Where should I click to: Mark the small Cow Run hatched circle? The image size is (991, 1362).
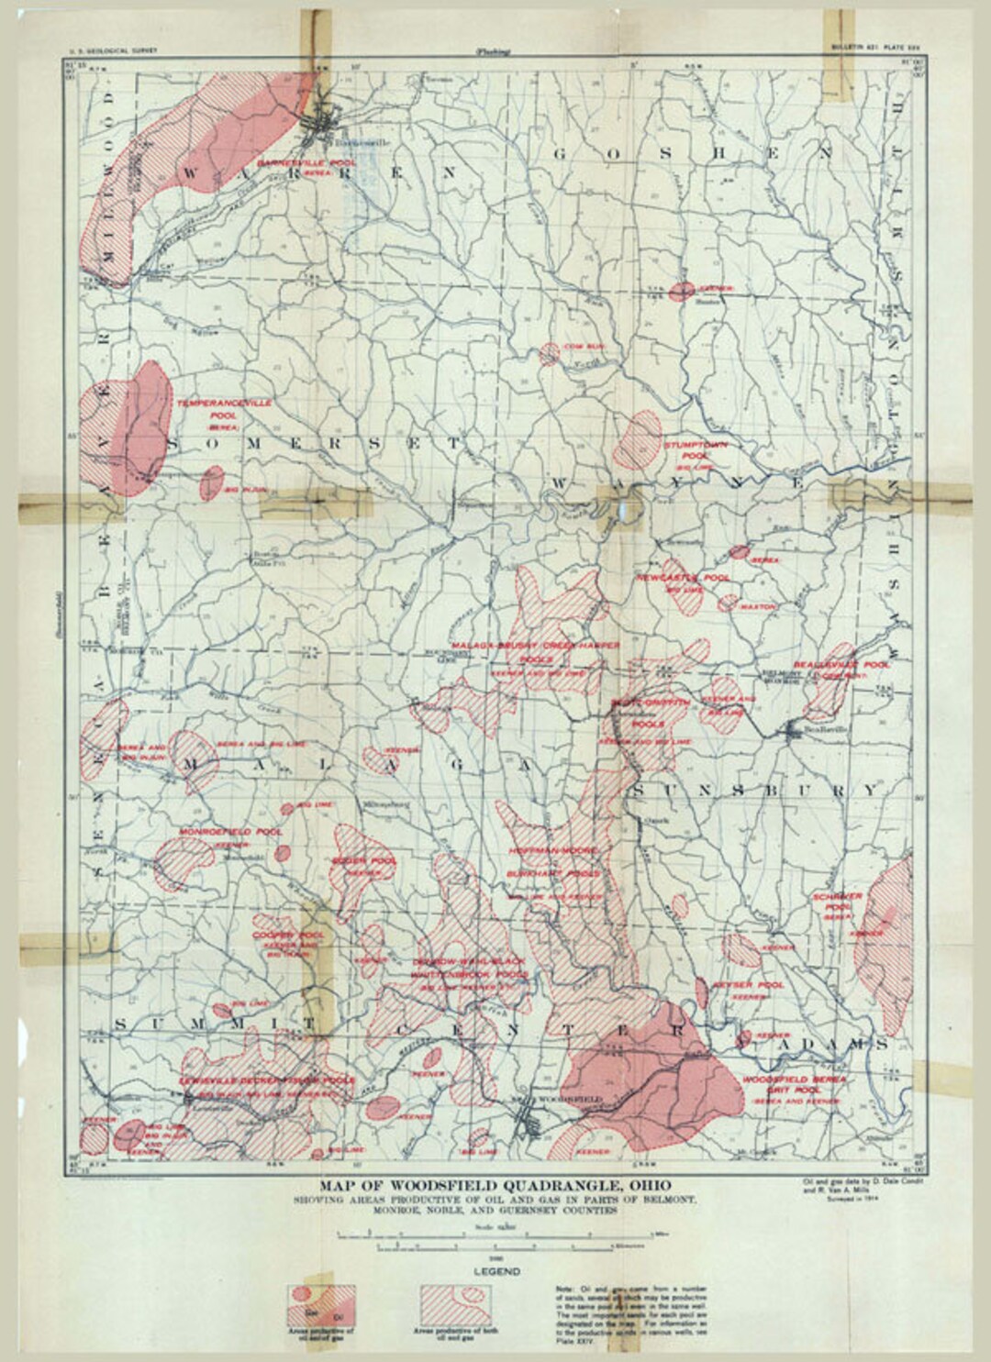click(550, 353)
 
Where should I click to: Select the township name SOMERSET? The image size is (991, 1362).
click(312, 443)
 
